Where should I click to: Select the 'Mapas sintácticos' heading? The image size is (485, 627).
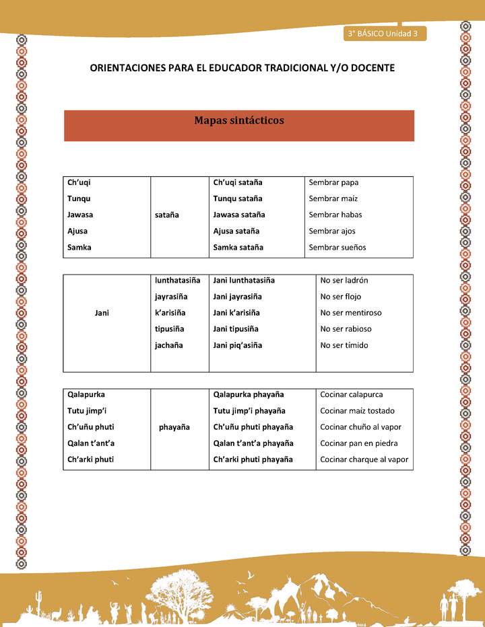point(239,121)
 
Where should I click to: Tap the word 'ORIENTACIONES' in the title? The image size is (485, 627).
point(129,68)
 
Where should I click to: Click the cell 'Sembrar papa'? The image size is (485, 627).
point(333,182)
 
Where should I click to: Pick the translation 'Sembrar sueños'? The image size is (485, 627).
point(337,247)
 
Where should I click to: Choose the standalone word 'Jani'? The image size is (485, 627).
point(102,313)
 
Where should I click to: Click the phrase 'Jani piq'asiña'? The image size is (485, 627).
point(237,345)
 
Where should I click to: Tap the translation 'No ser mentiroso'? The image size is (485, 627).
point(351,313)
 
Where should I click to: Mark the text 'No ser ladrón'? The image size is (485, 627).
point(344,281)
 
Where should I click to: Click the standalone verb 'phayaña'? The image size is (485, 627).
point(174,427)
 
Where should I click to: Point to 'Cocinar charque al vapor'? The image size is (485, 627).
point(364,459)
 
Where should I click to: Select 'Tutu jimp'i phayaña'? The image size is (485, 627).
point(249,411)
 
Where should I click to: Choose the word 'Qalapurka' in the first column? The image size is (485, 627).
point(86,394)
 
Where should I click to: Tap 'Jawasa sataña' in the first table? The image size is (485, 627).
point(239,215)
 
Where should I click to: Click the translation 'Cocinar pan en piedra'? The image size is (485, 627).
point(359,443)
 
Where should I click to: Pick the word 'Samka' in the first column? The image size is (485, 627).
point(79,247)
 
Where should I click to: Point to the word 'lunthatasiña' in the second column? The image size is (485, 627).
point(177,281)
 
